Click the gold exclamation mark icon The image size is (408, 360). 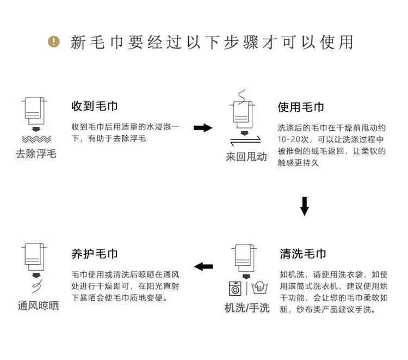click(54, 42)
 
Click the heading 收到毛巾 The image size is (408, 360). click(95, 106)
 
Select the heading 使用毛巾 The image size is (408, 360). click(301, 107)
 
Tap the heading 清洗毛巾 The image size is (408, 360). click(303, 254)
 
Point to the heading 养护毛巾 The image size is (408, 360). click(95, 254)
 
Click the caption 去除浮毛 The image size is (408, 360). click(36, 154)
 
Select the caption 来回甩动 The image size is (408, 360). click(246, 157)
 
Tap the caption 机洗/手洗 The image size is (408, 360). click(247, 308)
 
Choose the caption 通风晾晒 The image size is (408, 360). click(38, 306)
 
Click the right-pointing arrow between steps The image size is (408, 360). click(203, 127)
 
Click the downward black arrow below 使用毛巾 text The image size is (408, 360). click(305, 206)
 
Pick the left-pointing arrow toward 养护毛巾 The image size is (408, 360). click(203, 266)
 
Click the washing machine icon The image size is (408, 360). click(235, 288)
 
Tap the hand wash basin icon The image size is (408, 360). click(259, 288)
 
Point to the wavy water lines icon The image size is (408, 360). click(36, 139)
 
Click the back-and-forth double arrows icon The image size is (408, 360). click(245, 141)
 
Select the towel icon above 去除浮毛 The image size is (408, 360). click(35, 111)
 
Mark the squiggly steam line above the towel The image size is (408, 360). click(242, 97)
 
